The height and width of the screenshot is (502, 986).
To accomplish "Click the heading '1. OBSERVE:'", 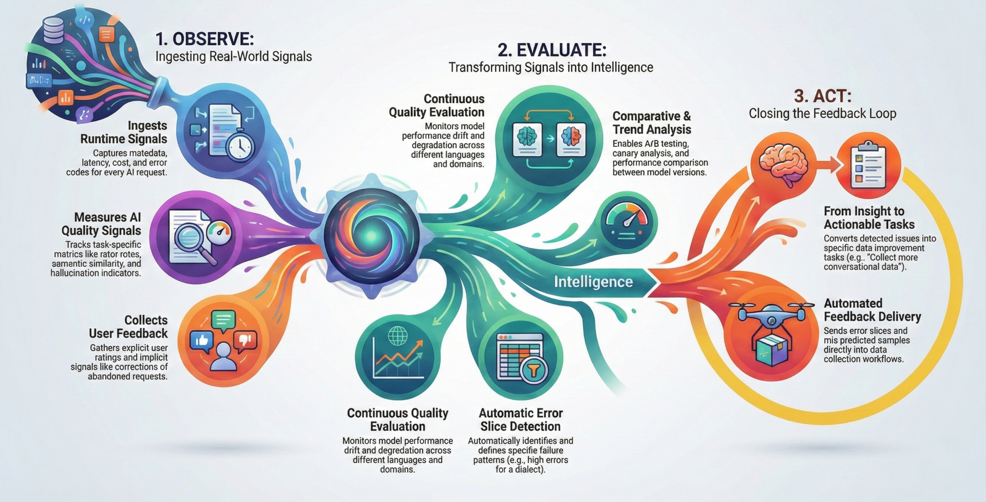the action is (x=204, y=39).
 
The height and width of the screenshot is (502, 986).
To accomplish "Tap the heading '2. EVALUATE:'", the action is (x=552, y=50).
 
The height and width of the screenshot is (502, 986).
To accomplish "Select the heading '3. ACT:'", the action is (x=823, y=96).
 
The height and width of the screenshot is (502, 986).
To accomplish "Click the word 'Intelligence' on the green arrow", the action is (x=593, y=282).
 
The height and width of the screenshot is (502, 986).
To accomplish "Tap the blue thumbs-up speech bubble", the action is (x=201, y=341).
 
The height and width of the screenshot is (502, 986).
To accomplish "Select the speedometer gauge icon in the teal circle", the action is (x=627, y=219).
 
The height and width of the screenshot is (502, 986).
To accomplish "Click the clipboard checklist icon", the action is (x=868, y=165).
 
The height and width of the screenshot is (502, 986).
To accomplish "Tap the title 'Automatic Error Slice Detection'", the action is (x=521, y=420).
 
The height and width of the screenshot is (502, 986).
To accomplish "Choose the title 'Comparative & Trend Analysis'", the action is (x=652, y=123).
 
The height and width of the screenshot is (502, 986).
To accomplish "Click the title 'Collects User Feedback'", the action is (x=128, y=327).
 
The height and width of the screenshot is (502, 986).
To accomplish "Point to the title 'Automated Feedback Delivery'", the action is (x=873, y=310).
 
